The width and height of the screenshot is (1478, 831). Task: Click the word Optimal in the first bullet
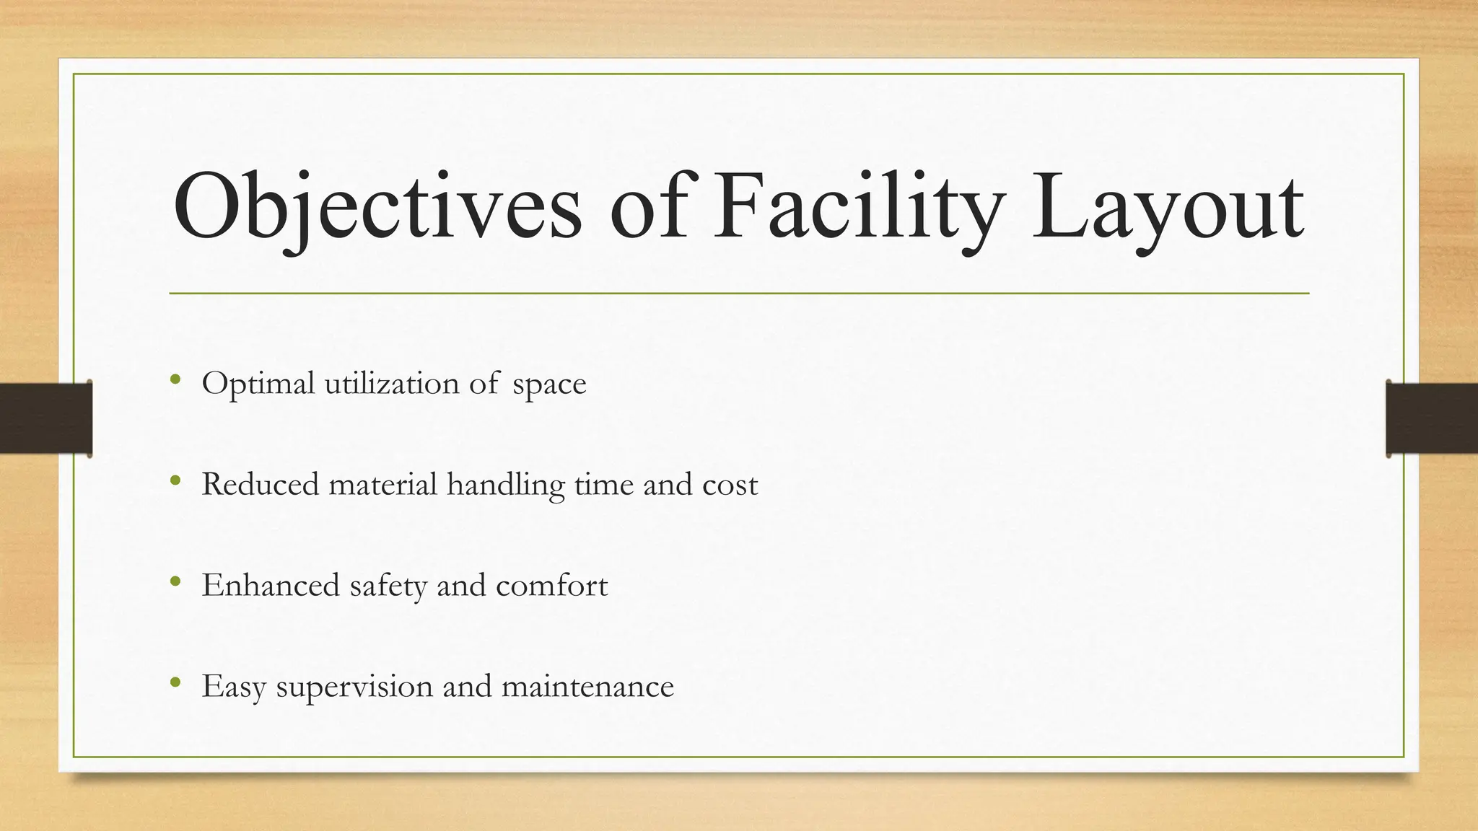pyautogui.click(x=258, y=384)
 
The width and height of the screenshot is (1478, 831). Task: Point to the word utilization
pyautogui.click(x=391, y=383)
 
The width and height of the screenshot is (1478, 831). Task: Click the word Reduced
pyautogui.click(x=260, y=484)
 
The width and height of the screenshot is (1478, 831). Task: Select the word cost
pyautogui.click(x=730, y=485)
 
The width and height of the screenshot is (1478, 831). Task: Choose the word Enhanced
pyautogui.click(x=271, y=585)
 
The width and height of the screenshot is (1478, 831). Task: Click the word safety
pyautogui.click(x=388, y=586)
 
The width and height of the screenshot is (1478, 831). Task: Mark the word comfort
pyautogui.click(x=551, y=585)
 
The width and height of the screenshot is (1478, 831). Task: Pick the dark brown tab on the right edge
pyautogui.click(x=1432, y=418)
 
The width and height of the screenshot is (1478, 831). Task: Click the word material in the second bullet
pyautogui.click(x=382, y=484)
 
